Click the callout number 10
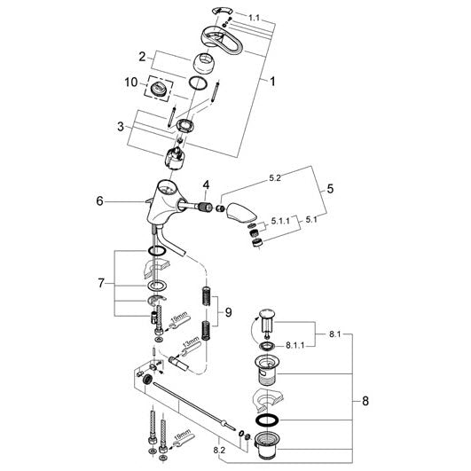click(x=131, y=82)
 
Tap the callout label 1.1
click(x=254, y=18)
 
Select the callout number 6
click(x=99, y=201)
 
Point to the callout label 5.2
click(x=275, y=177)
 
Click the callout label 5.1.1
click(x=280, y=221)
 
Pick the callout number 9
click(x=229, y=312)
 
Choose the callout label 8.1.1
click(x=294, y=345)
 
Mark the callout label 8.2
click(x=219, y=450)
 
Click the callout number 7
click(x=101, y=283)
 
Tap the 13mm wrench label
click(x=192, y=342)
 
